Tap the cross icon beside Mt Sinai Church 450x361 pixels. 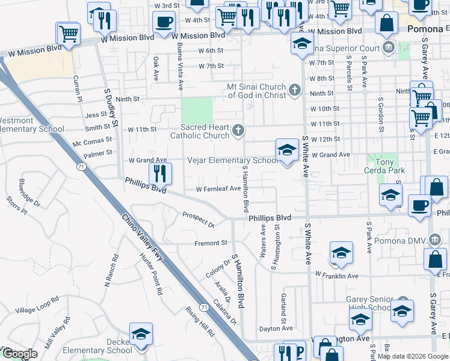294,91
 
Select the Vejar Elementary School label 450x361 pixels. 232,161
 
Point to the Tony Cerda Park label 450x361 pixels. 384,167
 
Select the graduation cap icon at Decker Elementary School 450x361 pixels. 141,334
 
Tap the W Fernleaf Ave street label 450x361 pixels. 218,188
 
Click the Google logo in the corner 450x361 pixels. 20,354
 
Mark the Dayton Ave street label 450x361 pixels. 276,329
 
